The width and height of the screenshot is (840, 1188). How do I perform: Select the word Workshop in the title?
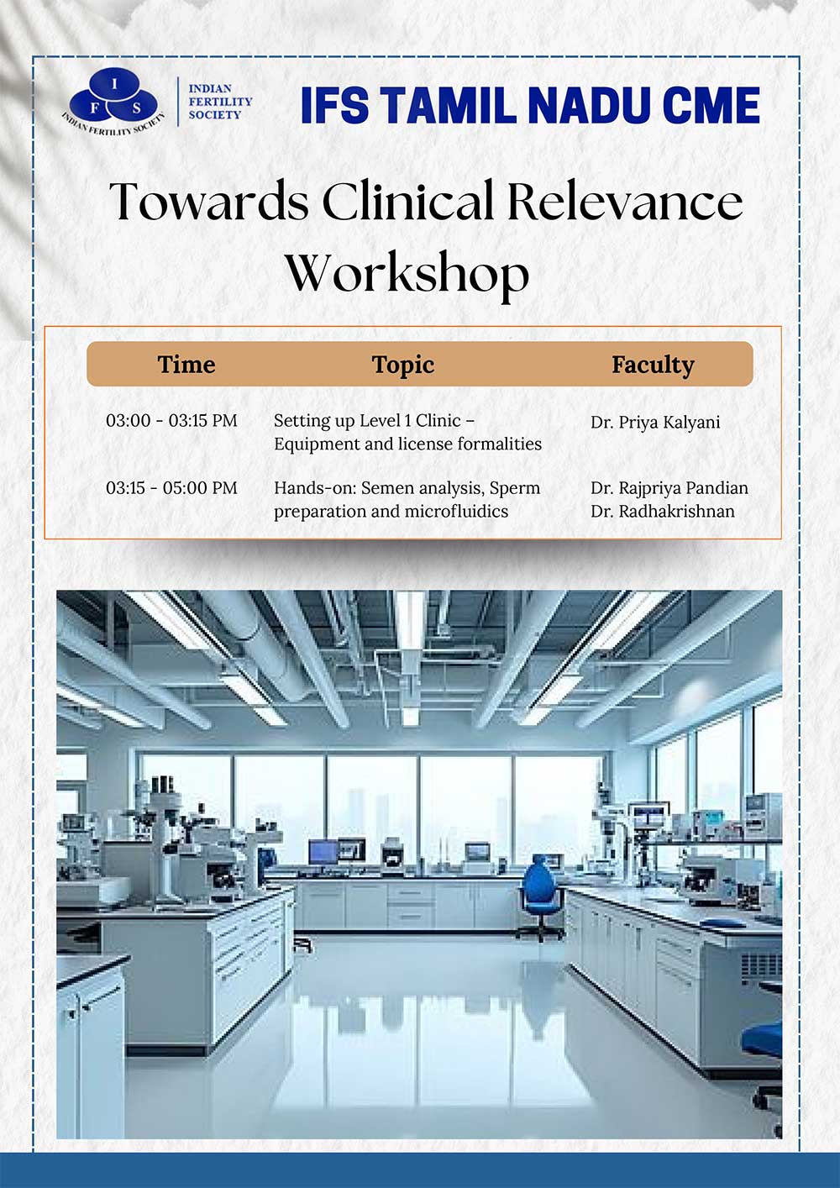(407, 273)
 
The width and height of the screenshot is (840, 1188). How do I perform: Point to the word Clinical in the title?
(408, 201)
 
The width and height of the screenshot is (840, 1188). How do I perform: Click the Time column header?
(186, 365)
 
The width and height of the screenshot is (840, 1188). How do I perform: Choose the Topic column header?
(403, 365)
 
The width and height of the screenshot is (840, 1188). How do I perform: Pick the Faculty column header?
(653, 365)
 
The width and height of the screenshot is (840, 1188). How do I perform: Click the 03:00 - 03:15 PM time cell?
(172, 421)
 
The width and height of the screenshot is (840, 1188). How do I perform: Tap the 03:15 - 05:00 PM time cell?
(172, 488)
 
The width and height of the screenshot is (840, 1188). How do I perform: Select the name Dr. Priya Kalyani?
(655, 423)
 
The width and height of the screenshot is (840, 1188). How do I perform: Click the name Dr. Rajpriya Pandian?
(669, 488)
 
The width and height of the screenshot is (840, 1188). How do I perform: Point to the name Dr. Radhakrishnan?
(663, 512)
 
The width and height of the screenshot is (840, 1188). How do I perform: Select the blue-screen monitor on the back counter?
(323, 852)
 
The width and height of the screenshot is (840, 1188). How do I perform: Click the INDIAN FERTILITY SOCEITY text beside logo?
(220, 102)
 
